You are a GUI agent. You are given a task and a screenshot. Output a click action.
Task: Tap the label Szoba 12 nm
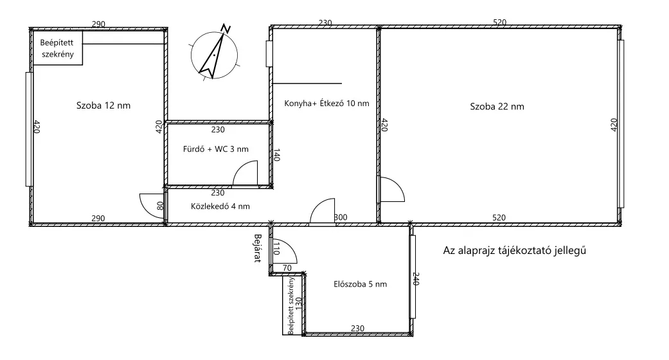point(103,105)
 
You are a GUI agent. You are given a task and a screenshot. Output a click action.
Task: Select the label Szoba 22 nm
point(497,106)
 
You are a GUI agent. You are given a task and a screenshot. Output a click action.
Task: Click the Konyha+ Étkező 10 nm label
point(326,103)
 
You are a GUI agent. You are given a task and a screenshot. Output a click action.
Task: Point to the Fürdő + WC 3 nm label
point(215,149)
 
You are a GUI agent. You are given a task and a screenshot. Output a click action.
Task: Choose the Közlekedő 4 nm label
point(220,206)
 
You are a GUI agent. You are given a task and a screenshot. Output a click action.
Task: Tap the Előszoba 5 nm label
point(360,284)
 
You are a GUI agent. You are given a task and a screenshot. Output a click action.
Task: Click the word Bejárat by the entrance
point(257,248)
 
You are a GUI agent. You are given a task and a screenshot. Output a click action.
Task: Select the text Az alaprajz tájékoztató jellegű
point(514,250)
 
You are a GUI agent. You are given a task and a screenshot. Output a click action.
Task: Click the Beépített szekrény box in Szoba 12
point(57,48)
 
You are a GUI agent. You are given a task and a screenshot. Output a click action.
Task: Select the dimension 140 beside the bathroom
point(276,155)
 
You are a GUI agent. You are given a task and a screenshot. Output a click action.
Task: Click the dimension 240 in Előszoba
point(416,279)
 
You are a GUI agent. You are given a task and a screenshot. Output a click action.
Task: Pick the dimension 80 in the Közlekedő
point(161,206)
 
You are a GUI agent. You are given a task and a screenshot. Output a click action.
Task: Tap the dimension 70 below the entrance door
point(287,268)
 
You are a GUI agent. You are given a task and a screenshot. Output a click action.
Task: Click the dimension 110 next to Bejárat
point(276,248)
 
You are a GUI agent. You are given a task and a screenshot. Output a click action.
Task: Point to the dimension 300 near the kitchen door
point(341,217)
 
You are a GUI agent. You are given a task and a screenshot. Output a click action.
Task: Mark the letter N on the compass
point(226,29)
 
